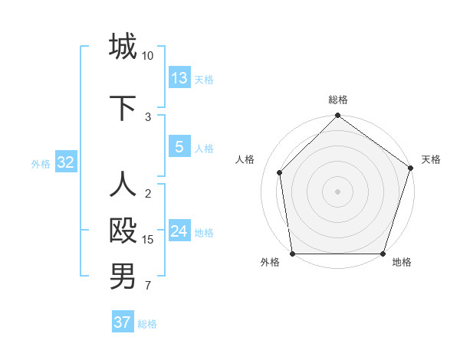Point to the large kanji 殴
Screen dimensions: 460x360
123,231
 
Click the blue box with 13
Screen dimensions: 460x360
179,78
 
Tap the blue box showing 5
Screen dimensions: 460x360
179,147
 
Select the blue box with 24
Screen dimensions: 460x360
179,231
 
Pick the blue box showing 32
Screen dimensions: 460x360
65,162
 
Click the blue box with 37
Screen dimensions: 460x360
123,322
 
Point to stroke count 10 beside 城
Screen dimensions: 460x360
148,56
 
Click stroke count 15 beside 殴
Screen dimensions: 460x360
148,240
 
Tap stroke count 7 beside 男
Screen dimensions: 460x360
148,286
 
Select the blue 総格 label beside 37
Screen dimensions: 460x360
147,324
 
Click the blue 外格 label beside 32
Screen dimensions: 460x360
41,163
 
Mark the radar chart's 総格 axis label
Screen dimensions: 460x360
337,100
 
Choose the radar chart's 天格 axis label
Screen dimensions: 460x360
431,159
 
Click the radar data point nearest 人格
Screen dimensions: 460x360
280,172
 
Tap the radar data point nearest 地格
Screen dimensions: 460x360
383,253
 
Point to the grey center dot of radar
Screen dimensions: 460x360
337,191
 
